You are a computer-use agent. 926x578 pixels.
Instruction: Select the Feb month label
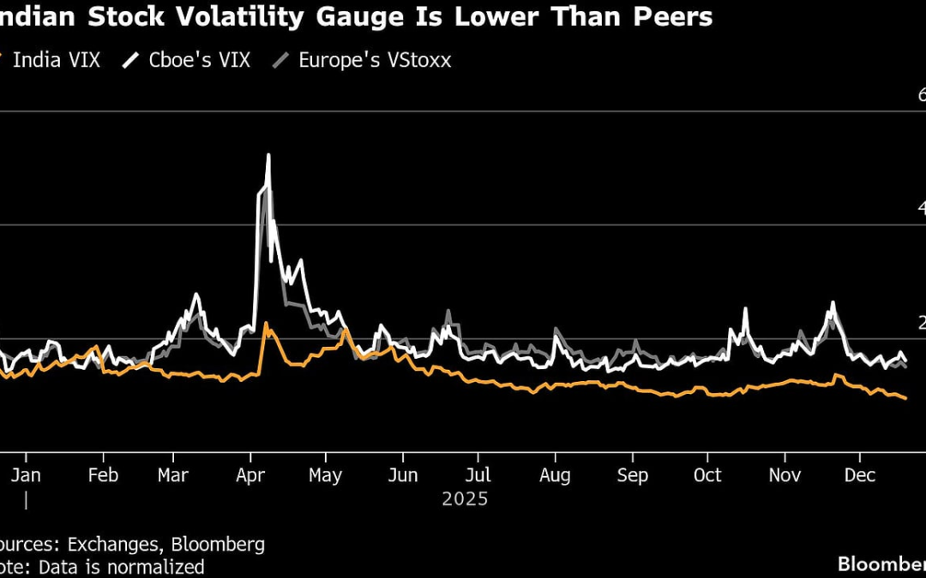[x=103, y=476]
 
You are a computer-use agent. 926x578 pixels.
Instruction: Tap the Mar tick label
[x=174, y=476]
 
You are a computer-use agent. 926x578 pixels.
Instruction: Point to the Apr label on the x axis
[x=250, y=476]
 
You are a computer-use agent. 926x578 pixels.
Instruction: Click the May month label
[x=325, y=476]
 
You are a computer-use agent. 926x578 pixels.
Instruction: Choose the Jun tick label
[x=403, y=476]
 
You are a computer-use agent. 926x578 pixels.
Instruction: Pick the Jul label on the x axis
[x=478, y=476]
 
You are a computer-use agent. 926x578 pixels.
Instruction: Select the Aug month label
[x=556, y=476]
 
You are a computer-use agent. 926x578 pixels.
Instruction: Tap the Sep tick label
[x=633, y=476]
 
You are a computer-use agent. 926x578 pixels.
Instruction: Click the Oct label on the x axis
[x=708, y=476]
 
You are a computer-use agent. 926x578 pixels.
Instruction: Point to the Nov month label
[x=785, y=476]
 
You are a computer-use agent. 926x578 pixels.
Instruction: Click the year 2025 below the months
[x=465, y=499]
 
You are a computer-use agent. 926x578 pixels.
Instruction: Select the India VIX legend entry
[x=56, y=60]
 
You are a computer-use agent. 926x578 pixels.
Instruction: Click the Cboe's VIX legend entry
[x=196, y=60]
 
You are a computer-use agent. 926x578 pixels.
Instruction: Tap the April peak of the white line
[x=268, y=156]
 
